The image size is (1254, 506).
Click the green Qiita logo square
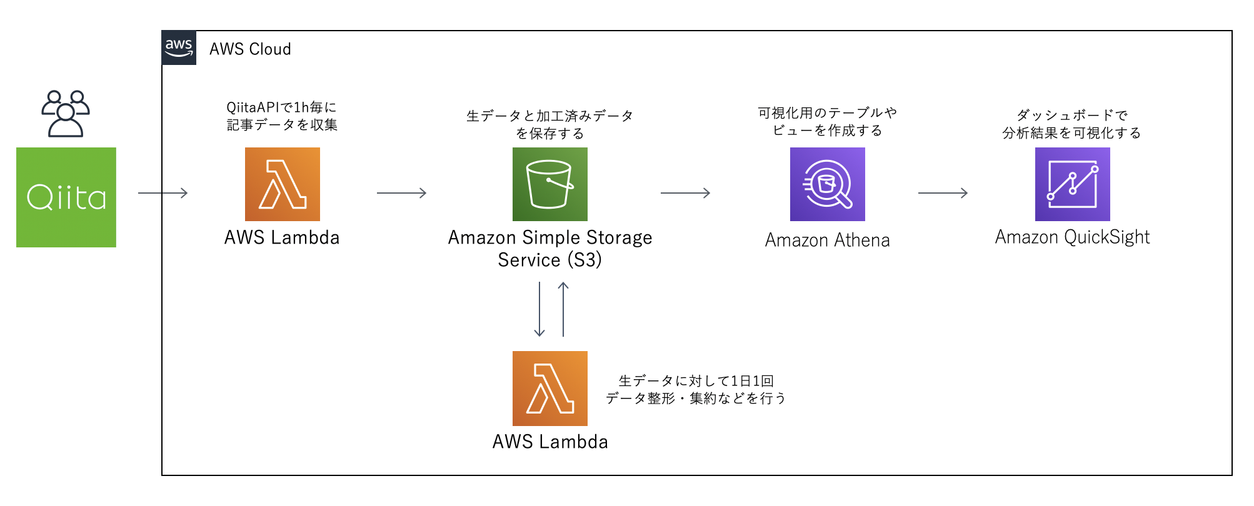(66, 197)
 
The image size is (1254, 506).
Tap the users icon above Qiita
(66, 114)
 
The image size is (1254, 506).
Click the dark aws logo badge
(179, 47)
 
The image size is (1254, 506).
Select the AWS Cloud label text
(250, 49)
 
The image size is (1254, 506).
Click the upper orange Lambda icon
(282, 184)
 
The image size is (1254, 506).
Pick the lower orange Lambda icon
(549, 388)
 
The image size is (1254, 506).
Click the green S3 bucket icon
(549, 184)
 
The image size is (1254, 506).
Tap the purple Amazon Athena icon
(827, 184)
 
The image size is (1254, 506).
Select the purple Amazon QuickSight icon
(1072, 184)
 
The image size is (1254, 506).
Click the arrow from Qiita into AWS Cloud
(163, 193)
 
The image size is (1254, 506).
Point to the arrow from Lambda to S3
(401, 193)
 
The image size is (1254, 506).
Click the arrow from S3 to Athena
(685, 193)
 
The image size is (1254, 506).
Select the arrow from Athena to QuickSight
(943, 193)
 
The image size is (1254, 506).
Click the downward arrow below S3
(539, 309)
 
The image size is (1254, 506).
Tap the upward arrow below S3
(563, 309)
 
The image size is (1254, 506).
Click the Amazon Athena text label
(827, 240)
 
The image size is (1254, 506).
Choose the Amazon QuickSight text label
(1072, 237)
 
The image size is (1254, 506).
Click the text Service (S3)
(549, 260)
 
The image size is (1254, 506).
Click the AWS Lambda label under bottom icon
(549, 442)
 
